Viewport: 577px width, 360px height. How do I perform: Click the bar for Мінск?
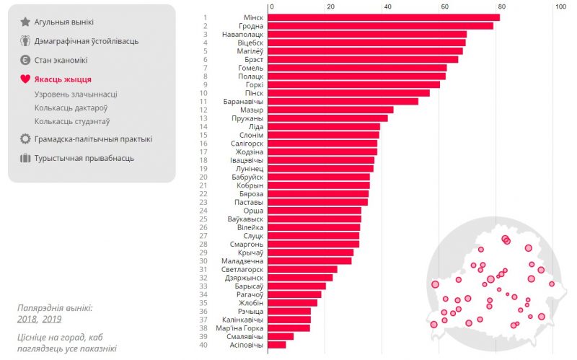384,17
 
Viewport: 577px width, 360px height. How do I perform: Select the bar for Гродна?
381,26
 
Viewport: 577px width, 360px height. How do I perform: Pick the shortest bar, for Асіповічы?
277,345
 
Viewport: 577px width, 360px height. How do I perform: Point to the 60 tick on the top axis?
444,6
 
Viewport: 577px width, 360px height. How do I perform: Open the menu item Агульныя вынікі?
63,22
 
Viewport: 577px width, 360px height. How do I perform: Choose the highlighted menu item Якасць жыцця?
63,79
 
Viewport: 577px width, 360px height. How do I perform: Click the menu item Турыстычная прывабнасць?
84,158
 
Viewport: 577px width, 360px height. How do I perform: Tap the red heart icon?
25,79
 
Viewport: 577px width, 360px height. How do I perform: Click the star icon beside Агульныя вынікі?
25,22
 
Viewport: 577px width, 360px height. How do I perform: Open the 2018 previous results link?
27,319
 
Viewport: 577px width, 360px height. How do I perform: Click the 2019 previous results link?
52,319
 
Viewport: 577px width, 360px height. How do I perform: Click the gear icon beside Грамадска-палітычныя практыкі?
25,139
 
